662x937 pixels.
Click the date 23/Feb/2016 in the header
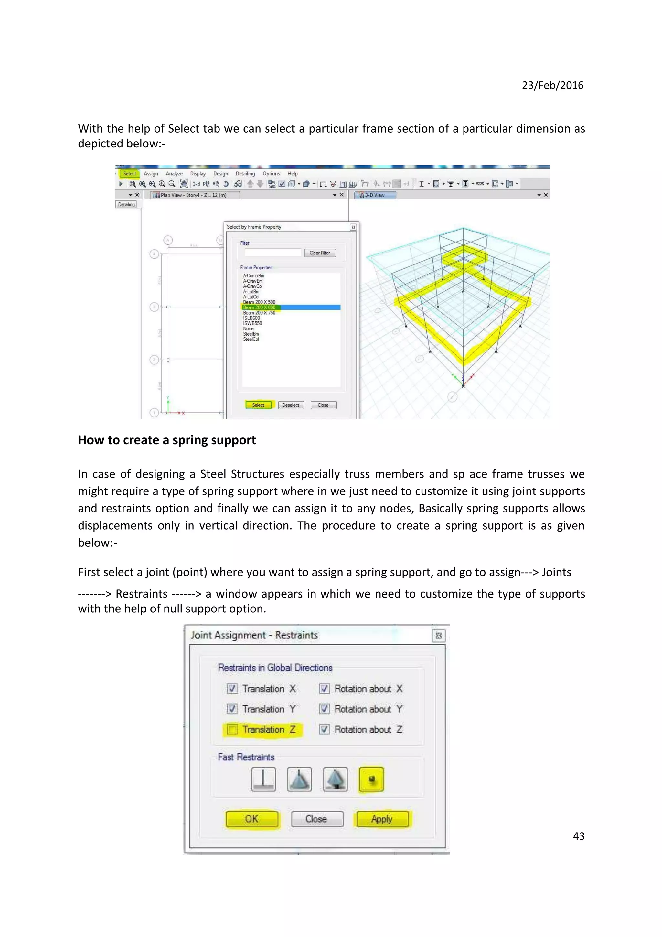pyautogui.click(x=552, y=85)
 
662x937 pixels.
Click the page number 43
pyautogui.click(x=578, y=836)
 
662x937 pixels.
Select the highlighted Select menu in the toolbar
pyautogui.click(x=130, y=173)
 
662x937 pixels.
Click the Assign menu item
pyautogui.click(x=151, y=173)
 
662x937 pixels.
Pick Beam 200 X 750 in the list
pyautogui.click(x=259, y=313)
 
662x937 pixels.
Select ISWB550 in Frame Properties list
pyautogui.click(x=252, y=323)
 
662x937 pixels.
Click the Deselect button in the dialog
pyautogui.click(x=290, y=405)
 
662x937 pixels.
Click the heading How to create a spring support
pyautogui.click(x=167, y=440)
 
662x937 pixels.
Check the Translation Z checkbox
pyautogui.click(x=232, y=729)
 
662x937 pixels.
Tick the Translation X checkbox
pyautogui.click(x=232, y=689)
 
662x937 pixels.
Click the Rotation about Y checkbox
pyautogui.click(x=324, y=709)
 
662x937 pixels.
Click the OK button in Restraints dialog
pyautogui.click(x=252, y=819)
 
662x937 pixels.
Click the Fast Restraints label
pyautogui.click(x=246, y=757)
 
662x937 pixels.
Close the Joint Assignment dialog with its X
pyautogui.click(x=439, y=635)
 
